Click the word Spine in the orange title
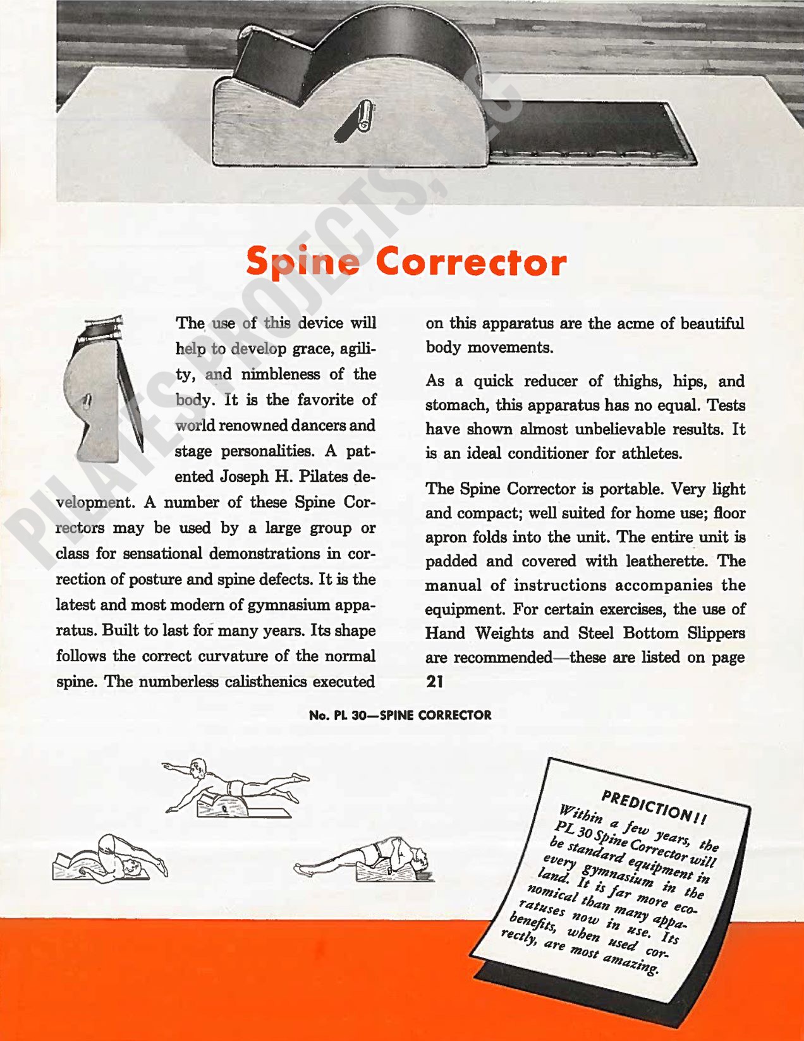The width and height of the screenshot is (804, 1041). click(303, 262)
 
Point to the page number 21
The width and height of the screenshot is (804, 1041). click(435, 681)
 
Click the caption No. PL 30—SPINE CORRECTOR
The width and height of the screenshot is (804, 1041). click(400, 715)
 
